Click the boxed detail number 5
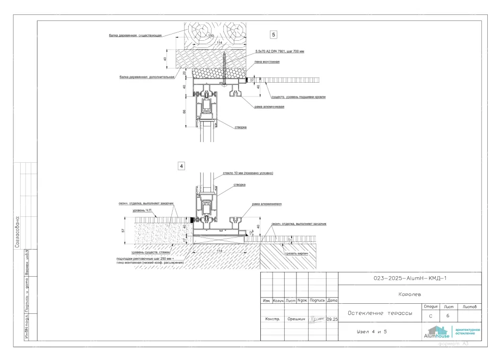tap(274, 35)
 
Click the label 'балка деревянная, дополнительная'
tap(147, 77)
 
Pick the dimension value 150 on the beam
tap(210, 36)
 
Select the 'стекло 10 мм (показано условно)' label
tap(249, 173)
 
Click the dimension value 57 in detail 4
tap(123, 231)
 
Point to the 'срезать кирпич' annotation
tap(296, 254)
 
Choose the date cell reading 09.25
tap(332, 320)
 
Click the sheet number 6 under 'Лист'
tap(449, 316)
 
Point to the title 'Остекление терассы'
tap(380, 313)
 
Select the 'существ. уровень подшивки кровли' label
tap(298, 97)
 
